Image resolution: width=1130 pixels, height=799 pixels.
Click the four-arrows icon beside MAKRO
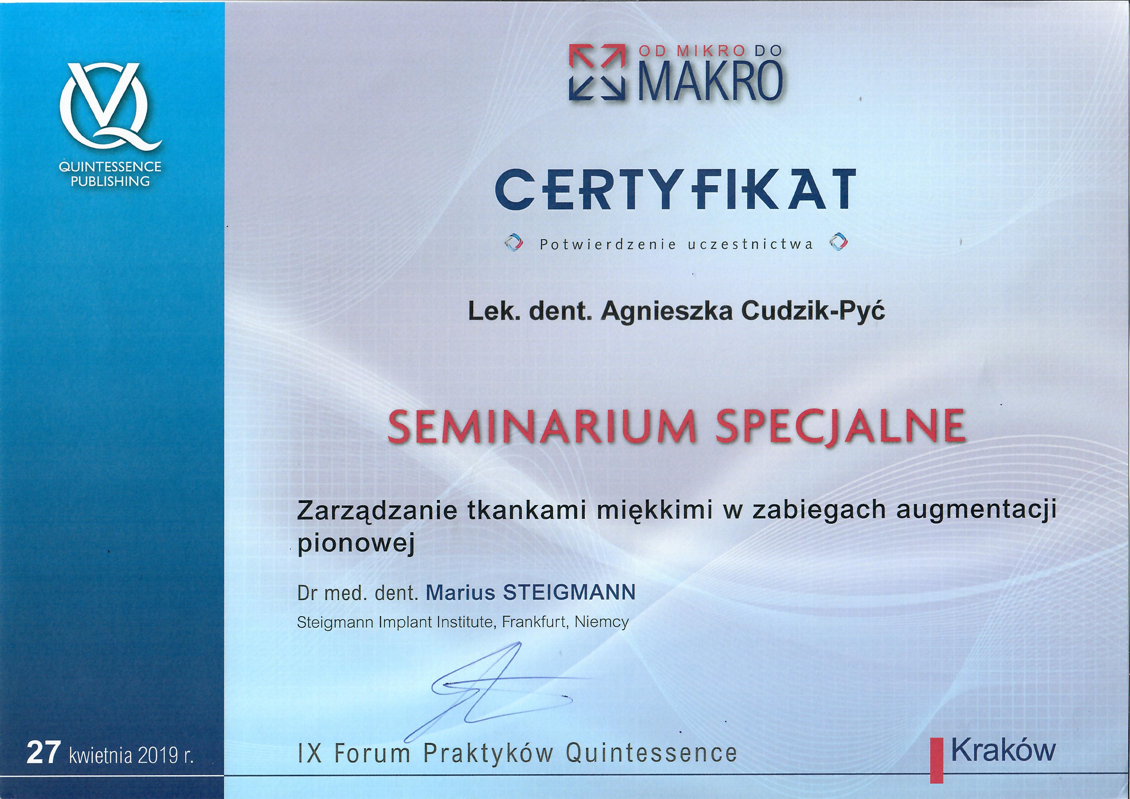[597, 72]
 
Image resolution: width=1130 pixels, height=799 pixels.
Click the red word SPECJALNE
[840, 426]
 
